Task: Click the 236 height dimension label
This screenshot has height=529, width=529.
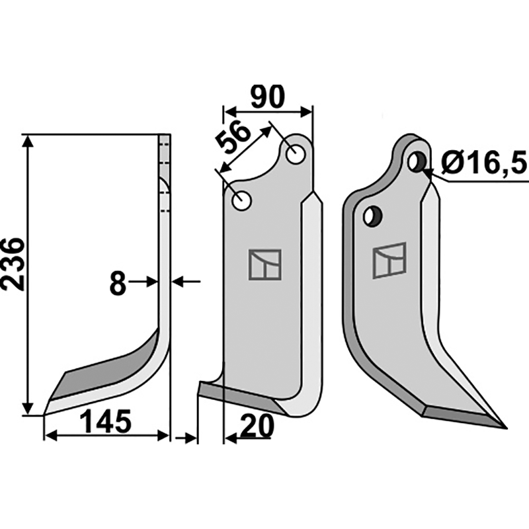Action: [15, 263]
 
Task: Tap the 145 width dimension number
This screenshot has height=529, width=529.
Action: [106, 421]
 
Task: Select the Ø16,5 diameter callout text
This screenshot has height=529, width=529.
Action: [483, 161]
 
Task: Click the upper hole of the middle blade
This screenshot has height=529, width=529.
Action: [294, 153]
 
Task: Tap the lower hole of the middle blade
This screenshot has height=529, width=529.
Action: [242, 200]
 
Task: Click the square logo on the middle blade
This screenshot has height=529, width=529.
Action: [264, 264]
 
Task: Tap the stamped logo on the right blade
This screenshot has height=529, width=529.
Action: [389, 261]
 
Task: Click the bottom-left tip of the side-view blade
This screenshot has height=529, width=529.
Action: [45, 414]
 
